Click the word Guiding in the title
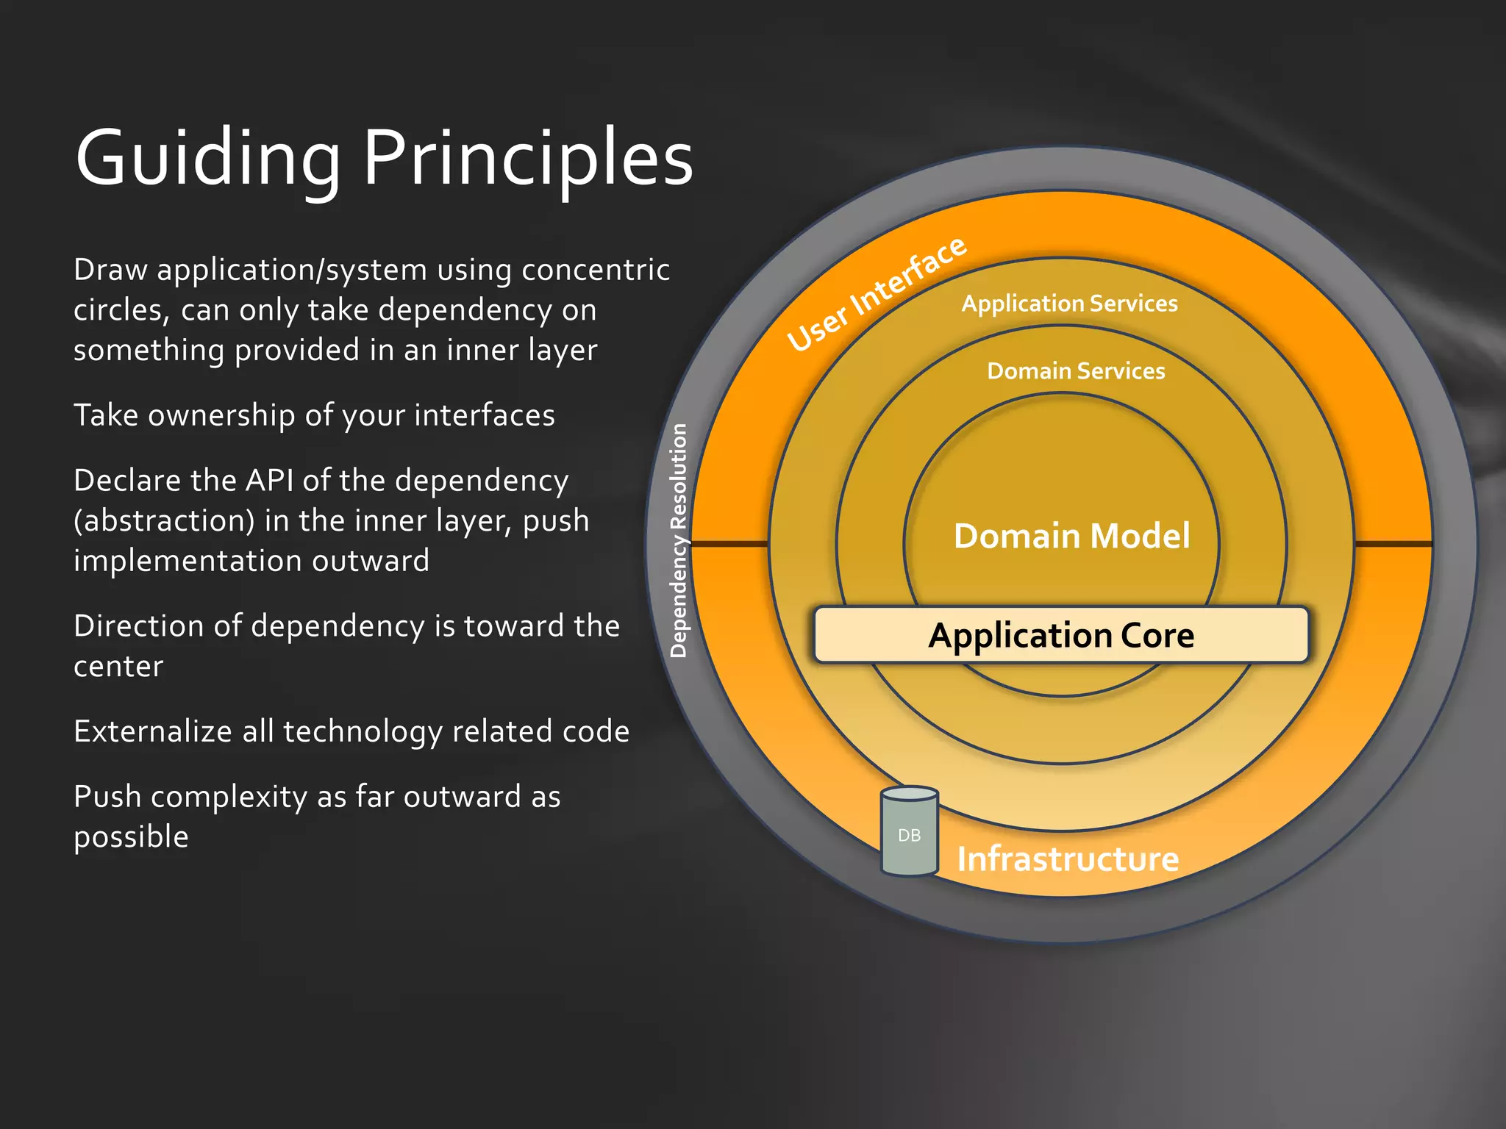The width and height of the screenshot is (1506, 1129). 208,158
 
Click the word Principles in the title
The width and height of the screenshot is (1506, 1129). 528,158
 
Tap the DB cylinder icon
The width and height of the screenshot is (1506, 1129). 910,832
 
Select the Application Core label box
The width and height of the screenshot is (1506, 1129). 1061,635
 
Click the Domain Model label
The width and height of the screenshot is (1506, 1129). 1071,536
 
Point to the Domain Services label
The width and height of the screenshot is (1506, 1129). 1076,371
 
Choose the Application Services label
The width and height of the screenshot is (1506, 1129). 1069,304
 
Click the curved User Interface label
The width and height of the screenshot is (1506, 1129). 877,294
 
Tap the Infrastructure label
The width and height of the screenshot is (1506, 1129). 1068,859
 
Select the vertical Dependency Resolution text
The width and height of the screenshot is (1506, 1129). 679,540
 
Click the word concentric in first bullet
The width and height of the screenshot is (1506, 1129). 596,270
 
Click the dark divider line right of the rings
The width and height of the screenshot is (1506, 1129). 1393,544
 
